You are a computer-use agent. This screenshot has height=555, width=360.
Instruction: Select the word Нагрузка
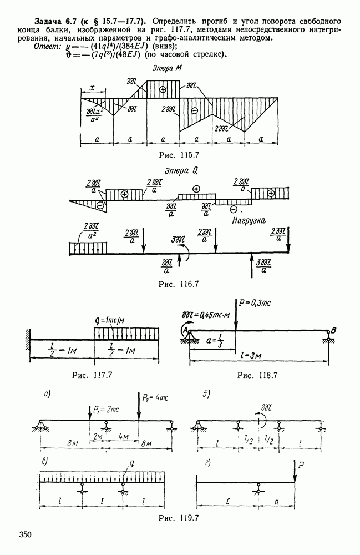point(247,221)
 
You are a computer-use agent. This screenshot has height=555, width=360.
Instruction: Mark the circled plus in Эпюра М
point(162,89)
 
